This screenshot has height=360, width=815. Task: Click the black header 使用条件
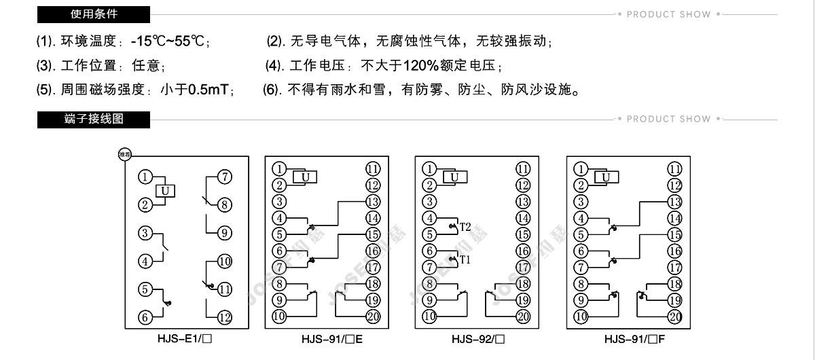94,14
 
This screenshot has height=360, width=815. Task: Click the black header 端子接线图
94,120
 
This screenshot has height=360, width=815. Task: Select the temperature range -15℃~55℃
167,41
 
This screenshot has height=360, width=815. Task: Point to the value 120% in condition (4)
420,65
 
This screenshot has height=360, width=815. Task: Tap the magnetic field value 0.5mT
208,90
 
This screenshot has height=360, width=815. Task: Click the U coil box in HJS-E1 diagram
165,191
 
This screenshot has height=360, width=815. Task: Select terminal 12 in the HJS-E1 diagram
225,318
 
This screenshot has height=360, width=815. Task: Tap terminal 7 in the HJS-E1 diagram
225,177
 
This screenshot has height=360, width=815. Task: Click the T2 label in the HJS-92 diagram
465,227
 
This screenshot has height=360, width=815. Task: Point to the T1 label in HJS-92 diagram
465,259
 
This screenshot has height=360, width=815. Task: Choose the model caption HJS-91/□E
332,339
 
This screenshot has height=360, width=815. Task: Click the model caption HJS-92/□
478,339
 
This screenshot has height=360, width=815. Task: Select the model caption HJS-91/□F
634,339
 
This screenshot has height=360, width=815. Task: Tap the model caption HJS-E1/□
185,339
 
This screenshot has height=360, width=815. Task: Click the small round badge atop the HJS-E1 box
125,154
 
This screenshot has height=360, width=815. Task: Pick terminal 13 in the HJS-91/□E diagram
373,202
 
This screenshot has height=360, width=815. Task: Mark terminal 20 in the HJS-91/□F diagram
674,317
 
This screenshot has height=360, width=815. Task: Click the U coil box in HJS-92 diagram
455,177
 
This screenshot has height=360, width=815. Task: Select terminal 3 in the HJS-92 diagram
429,202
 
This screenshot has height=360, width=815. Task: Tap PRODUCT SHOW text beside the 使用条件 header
669,14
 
